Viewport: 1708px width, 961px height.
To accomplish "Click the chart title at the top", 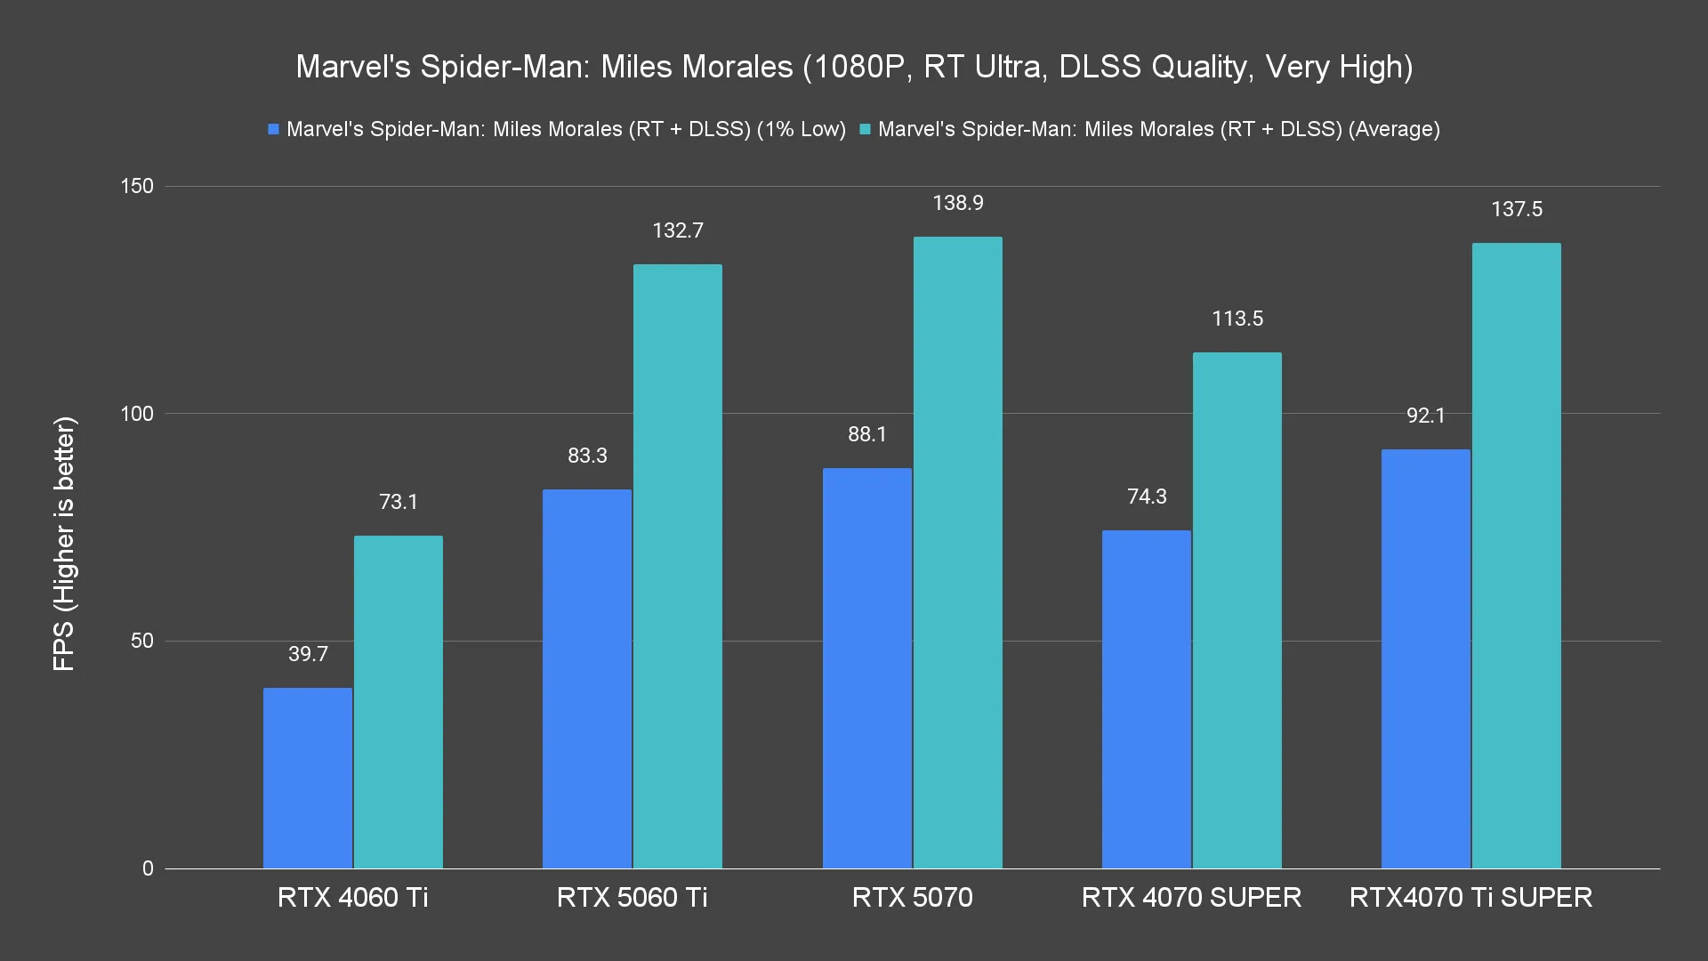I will pyautogui.click(x=854, y=67).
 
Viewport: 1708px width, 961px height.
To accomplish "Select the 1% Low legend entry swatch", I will pyautogui.click(x=274, y=130).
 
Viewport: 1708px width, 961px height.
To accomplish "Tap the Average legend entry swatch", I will pyautogui.click(x=866, y=130).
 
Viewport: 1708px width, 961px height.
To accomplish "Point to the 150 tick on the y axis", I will pyautogui.click(x=136, y=187).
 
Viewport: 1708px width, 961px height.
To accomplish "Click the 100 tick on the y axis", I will pyautogui.click(x=136, y=414).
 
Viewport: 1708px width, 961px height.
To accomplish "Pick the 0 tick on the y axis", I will pyautogui.click(x=148, y=868).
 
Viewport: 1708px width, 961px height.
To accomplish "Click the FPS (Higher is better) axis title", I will pyautogui.click(x=65, y=544).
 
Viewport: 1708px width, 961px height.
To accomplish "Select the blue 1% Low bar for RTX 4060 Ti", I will pyautogui.click(x=308, y=778).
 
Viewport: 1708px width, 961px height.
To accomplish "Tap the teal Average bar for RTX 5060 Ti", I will pyautogui.click(x=678, y=566).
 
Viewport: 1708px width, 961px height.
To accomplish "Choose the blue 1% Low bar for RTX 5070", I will pyautogui.click(x=867, y=668).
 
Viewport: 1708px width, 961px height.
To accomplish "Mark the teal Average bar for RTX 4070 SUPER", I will pyautogui.click(x=1237, y=610).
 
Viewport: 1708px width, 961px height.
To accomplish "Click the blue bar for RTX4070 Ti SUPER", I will pyautogui.click(x=1426, y=658).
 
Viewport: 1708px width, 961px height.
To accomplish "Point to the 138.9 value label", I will pyautogui.click(x=958, y=204).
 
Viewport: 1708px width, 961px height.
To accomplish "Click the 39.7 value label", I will pyautogui.click(x=308, y=655).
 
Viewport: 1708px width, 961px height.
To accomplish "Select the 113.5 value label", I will pyautogui.click(x=1237, y=319).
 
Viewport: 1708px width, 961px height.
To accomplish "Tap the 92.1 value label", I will pyautogui.click(x=1426, y=416).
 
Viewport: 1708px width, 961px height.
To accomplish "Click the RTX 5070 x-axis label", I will pyautogui.click(x=913, y=897).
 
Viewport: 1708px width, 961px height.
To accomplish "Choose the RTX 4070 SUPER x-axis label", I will pyautogui.click(x=1192, y=897).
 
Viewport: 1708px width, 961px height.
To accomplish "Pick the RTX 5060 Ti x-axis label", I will pyautogui.click(x=632, y=897).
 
